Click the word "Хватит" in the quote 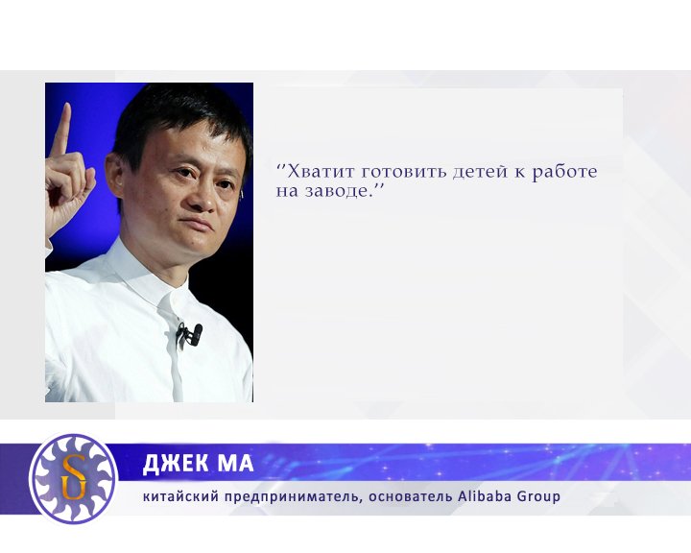click(322, 172)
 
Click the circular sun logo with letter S click(72, 478)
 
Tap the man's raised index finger click(63, 131)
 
